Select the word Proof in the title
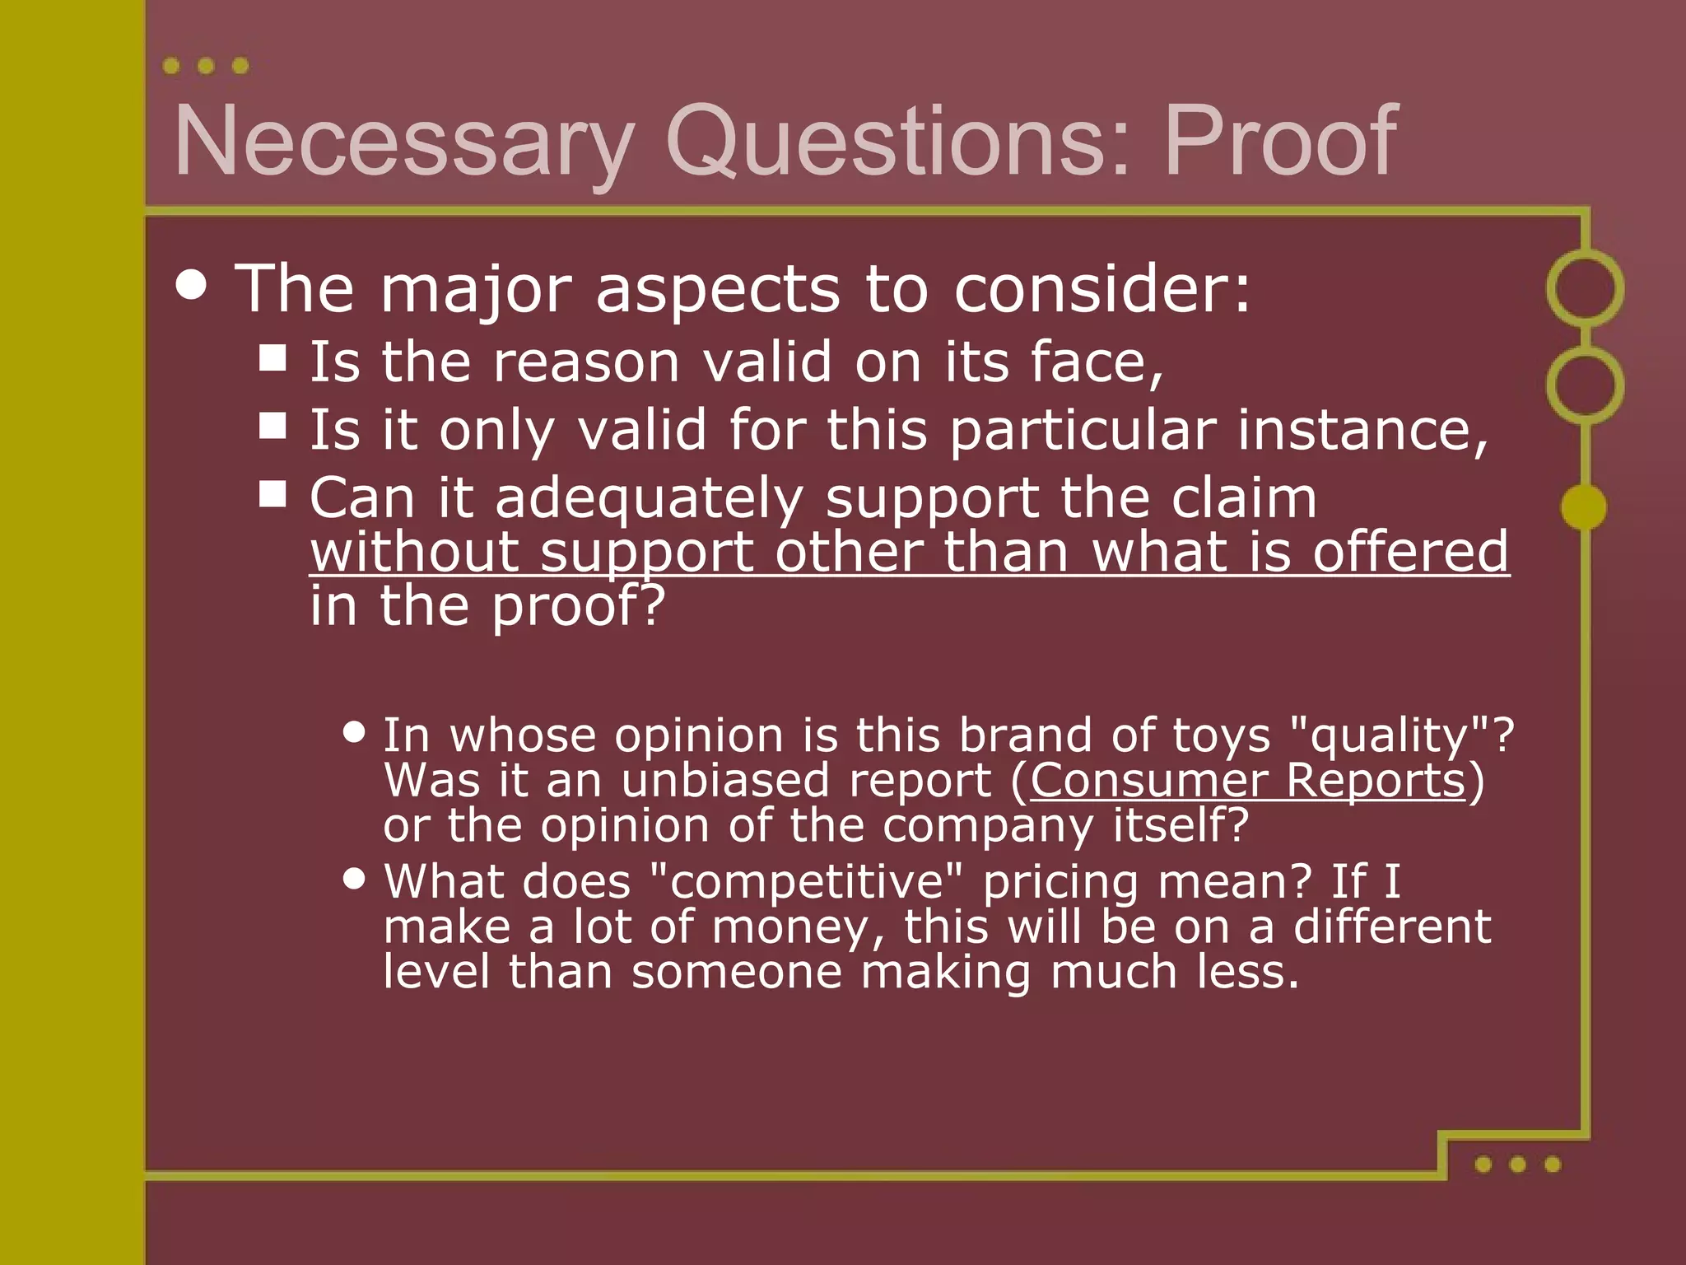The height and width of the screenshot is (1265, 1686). (x=1280, y=142)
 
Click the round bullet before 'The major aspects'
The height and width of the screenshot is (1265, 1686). (x=192, y=285)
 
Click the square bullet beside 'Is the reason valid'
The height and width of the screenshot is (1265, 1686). (x=272, y=358)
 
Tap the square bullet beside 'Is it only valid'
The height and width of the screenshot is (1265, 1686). (x=272, y=426)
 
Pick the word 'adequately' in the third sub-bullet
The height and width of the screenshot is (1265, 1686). (x=649, y=499)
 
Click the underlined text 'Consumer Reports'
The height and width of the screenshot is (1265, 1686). (x=1248, y=780)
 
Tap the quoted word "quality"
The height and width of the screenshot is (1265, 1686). (x=1390, y=735)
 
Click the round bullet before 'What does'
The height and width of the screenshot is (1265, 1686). (x=354, y=878)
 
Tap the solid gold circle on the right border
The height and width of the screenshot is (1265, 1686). (x=1583, y=506)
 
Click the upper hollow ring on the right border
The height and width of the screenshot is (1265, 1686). (x=1585, y=288)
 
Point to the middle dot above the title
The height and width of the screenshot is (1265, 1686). (x=206, y=66)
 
